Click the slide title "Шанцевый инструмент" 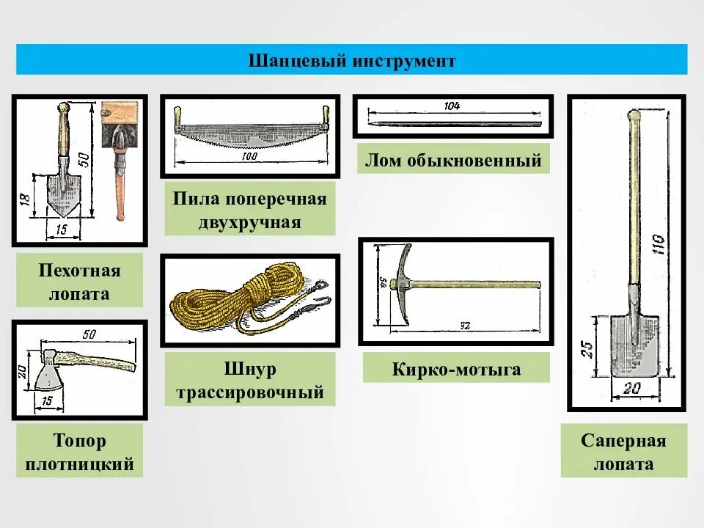352,60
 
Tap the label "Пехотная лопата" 79,283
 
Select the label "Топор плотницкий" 79,452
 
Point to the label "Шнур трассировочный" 250,381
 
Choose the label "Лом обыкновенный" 453,161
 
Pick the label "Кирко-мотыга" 455,369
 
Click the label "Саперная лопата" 623,452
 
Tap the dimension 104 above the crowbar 451,106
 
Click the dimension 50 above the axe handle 89,335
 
